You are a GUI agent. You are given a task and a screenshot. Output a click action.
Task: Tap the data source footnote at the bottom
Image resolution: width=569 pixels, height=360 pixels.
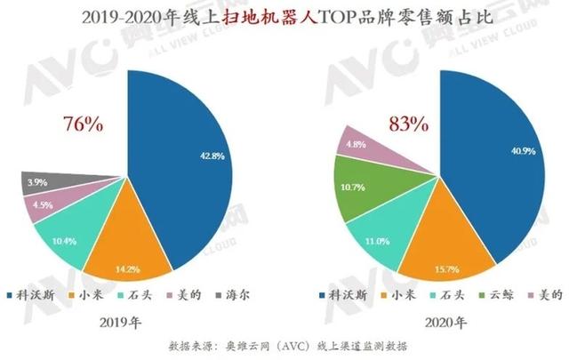(284, 346)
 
